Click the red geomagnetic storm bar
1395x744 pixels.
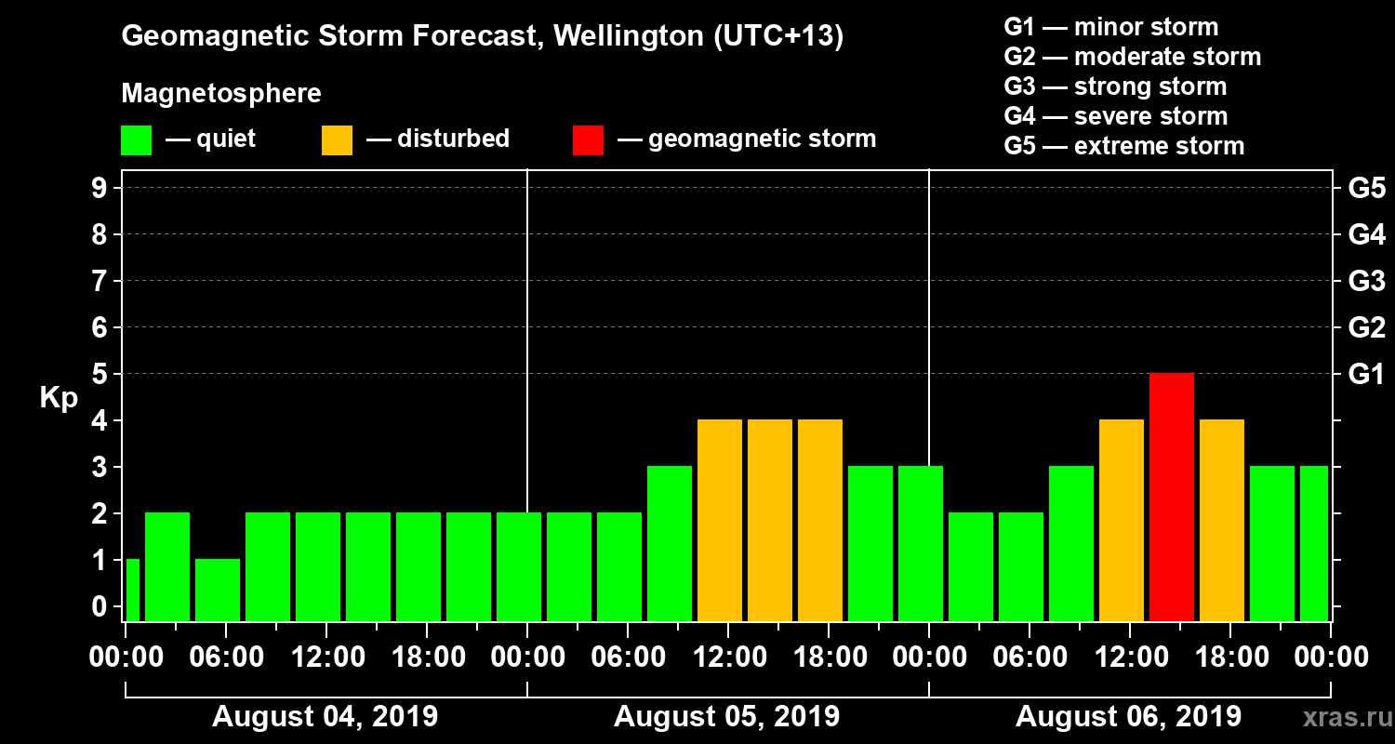point(1172,497)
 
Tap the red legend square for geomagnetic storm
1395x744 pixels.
point(588,140)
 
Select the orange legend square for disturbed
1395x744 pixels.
point(337,140)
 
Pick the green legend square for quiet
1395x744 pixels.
point(136,140)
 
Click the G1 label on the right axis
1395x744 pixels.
point(1366,374)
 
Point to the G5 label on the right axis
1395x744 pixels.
point(1366,188)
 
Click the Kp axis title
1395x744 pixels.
point(58,398)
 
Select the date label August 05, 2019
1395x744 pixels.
point(726,717)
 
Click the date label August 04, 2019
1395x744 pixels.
point(325,717)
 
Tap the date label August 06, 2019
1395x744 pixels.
point(1128,717)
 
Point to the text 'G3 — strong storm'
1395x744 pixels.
point(1115,86)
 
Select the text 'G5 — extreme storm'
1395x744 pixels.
point(1123,146)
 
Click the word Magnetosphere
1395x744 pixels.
point(221,94)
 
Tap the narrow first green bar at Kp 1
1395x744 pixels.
point(132,590)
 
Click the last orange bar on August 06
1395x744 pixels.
point(1222,520)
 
